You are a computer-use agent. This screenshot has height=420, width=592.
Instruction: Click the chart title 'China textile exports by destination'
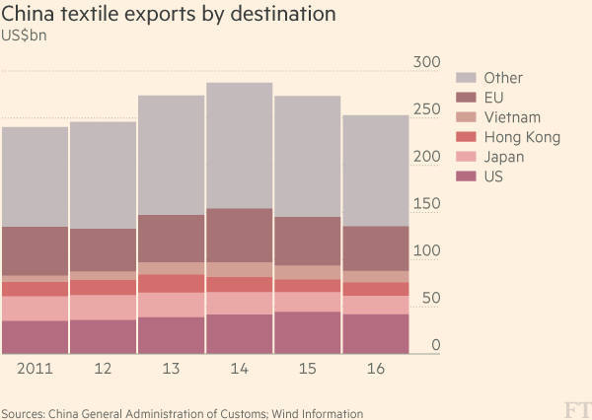[x=169, y=15]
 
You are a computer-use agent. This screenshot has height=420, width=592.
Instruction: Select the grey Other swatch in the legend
[x=466, y=78]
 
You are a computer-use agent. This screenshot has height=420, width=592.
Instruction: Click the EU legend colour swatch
[x=466, y=98]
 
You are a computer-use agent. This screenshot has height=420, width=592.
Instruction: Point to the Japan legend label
[x=504, y=157]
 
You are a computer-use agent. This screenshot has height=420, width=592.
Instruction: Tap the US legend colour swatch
[x=466, y=176]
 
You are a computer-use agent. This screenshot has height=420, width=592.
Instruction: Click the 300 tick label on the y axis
[x=425, y=62]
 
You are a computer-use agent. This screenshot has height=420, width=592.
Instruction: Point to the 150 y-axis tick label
[x=425, y=204]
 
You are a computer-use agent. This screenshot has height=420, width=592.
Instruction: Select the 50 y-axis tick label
[x=429, y=299]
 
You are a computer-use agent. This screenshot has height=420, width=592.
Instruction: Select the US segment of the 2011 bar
[x=35, y=336]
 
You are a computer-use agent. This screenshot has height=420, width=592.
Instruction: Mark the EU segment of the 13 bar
[x=171, y=238]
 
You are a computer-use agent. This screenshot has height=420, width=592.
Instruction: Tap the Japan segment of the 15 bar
[x=307, y=301]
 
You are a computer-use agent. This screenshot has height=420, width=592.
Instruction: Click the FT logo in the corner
[x=573, y=408]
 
